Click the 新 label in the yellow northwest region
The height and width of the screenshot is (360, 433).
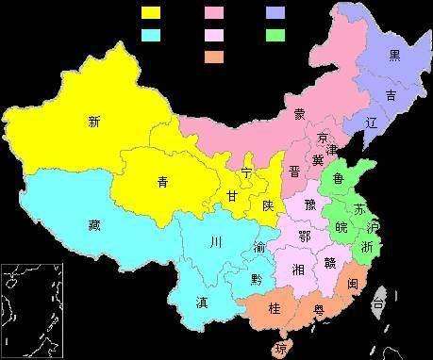(x=93, y=121)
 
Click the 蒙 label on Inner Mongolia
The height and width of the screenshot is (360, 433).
(x=299, y=114)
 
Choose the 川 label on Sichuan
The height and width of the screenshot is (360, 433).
(x=216, y=242)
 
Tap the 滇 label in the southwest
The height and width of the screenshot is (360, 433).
(x=202, y=303)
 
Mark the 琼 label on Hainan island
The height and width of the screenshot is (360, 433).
(x=280, y=348)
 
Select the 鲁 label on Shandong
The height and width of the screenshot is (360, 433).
(x=338, y=178)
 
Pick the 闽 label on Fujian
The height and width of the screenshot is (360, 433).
(x=352, y=282)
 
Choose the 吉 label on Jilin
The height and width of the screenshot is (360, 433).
(x=390, y=95)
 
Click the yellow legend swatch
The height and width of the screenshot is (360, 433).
(x=150, y=13)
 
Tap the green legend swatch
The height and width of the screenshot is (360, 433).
(x=275, y=35)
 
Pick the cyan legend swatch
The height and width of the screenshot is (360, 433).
(x=150, y=35)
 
